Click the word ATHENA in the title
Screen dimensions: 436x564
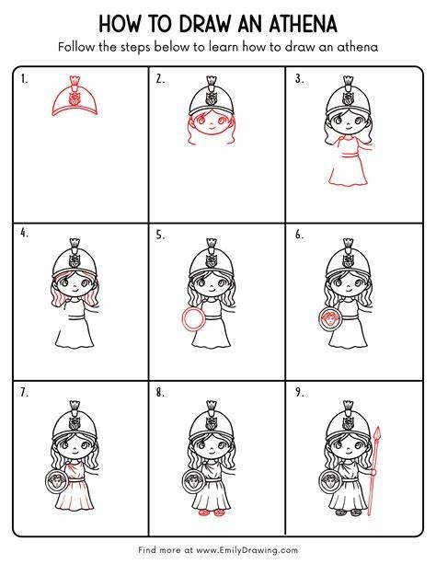coord(303,24)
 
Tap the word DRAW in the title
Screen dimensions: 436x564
coord(204,24)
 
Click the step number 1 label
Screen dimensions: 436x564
coord(24,79)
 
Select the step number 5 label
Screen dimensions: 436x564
coord(160,235)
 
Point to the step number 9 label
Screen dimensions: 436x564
coord(300,392)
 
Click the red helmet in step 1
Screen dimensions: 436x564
coord(75,97)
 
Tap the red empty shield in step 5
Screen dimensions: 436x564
coord(194,319)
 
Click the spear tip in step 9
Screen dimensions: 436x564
coord(377,434)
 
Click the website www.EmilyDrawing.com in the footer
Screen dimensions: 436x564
coord(247,550)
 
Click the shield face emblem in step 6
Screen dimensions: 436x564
coord(330,319)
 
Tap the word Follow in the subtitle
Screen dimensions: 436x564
coord(76,47)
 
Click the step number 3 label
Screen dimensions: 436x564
coord(299,79)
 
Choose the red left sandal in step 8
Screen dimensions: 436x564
coord(204,512)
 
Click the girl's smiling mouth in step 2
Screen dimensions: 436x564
coord(212,127)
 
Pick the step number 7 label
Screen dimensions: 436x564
coord(24,392)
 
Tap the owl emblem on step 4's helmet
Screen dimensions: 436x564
coord(75,260)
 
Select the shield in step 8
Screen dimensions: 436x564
coord(194,481)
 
